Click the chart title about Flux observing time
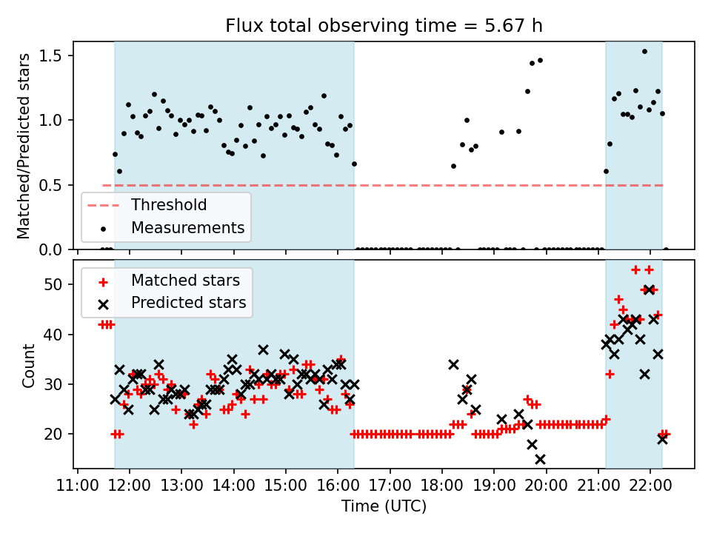coord(384,26)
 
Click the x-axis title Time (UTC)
coord(384,506)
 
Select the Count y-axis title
coord(29,366)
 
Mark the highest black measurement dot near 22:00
coord(644,52)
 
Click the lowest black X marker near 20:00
coord(540,459)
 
